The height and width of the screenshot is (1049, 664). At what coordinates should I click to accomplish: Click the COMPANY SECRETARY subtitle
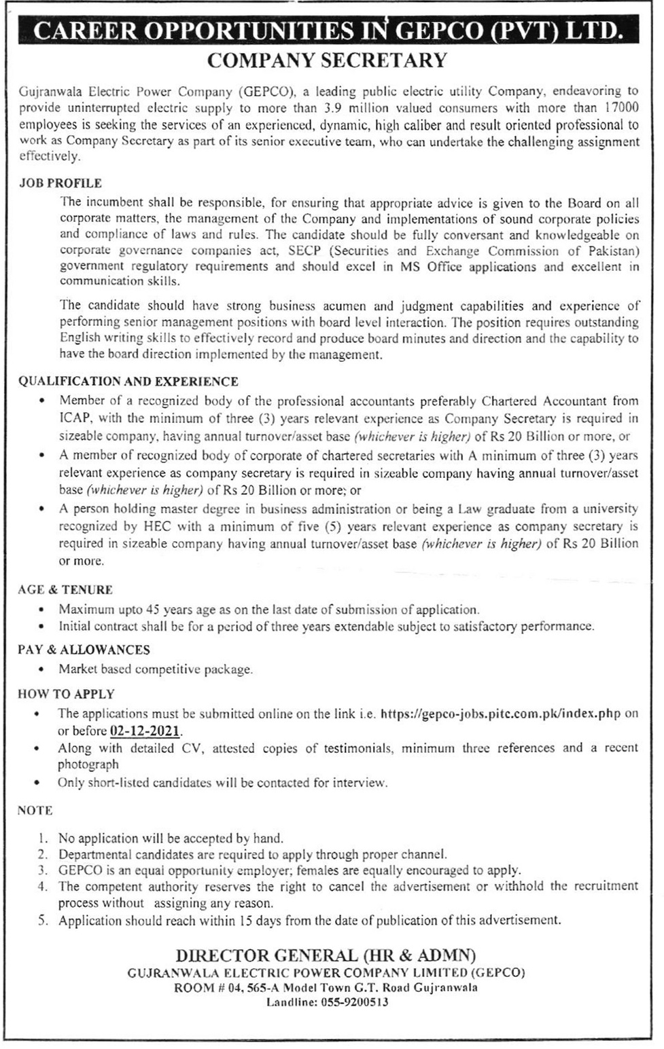tap(327, 61)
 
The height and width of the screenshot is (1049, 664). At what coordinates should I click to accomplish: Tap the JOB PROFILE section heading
tap(60, 183)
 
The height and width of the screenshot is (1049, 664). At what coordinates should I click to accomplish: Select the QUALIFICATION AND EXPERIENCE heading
tap(128, 382)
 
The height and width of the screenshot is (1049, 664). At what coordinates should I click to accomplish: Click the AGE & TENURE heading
tap(65, 590)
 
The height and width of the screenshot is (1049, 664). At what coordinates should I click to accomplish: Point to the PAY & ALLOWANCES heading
tap(84, 650)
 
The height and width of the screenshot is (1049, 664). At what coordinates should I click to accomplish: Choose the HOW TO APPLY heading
tap(66, 695)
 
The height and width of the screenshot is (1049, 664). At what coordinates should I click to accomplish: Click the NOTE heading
tap(35, 811)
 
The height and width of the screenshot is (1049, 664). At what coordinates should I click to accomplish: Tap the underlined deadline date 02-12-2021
tap(145, 731)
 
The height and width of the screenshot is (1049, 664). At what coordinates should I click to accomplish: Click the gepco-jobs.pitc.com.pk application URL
tap(500, 714)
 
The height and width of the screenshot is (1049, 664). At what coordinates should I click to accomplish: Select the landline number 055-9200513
tap(355, 1002)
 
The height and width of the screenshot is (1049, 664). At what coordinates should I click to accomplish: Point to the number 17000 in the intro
tap(617, 107)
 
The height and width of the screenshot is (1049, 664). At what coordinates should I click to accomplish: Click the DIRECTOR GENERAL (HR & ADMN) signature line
tap(326, 955)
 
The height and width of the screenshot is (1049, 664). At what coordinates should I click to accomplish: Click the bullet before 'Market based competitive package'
tap(42, 670)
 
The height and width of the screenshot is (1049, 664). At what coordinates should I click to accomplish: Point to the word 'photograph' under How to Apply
tap(88, 765)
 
